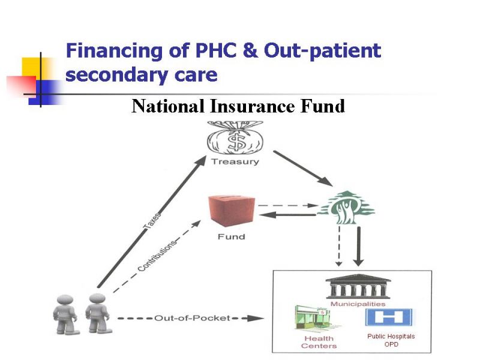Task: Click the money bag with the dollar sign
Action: pyautogui.click(x=235, y=137)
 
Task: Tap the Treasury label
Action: pyautogui.click(x=235, y=161)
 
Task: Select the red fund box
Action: pyautogui.click(x=232, y=211)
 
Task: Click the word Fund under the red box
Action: pyautogui.click(x=232, y=236)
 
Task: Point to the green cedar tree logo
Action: pyautogui.click(x=347, y=208)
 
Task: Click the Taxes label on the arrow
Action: pyautogui.click(x=152, y=221)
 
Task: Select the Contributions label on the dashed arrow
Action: pyautogui.click(x=157, y=256)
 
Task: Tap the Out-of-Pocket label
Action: pyautogui.click(x=192, y=318)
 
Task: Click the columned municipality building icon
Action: pyautogui.click(x=358, y=286)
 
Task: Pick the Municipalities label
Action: pyautogui.click(x=358, y=304)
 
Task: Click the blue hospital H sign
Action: pyautogui.click(x=389, y=317)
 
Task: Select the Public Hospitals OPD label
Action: pyautogui.click(x=391, y=340)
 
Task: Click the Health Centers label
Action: pyautogui.click(x=319, y=342)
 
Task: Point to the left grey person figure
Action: pyautogui.click(x=65, y=314)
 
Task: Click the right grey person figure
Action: pyautogui.click(x=98, y=313)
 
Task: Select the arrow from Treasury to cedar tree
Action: pyautogui.click(x=303, y=169)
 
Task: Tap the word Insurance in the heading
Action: pyautogui.click(x=252, y=106)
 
